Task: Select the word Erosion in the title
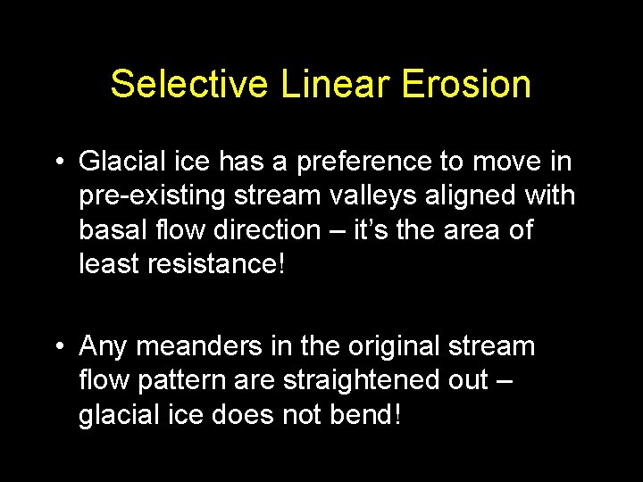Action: click(x=466, y=85)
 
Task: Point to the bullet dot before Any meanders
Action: click(x=57, y=346)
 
